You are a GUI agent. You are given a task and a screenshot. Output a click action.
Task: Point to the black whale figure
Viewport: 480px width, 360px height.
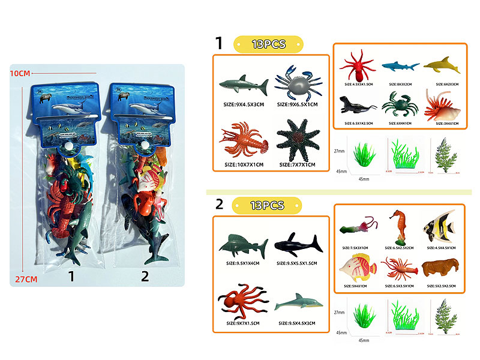coord(298,244)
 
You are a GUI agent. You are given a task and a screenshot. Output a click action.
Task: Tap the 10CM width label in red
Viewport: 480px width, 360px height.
coord(20,73)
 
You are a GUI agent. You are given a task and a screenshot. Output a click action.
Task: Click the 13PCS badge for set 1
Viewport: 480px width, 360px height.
coord(268,44)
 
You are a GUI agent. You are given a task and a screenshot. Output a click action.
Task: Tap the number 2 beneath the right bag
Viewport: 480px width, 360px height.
coord(144,277)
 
